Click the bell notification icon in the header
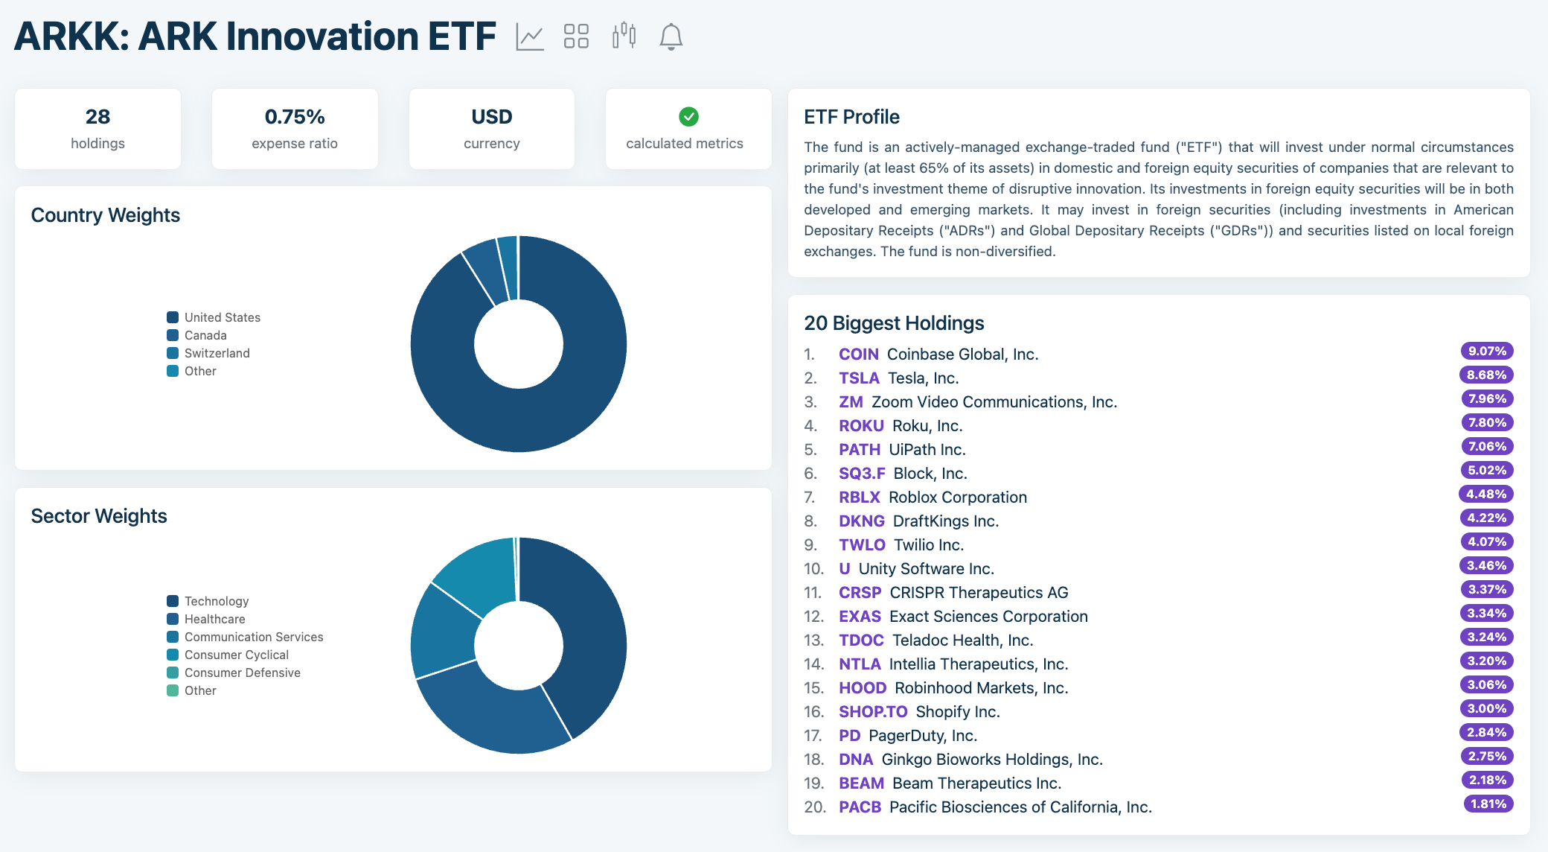pyautogui.click(x=671, y=36)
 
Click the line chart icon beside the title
pyautogui.click(x=530, y=36)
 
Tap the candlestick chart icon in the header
pyautogui.click(x=624, y=35)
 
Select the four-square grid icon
pyautogui.click(x=576, y=36)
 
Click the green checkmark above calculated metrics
pyautogui.click(x=688, y=116)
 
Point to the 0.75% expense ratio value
pyautogui.click(x=295, y=117)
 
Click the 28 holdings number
pyautogui.click(x=97, y=117)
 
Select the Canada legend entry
pyautogui.click(x=205, y=335)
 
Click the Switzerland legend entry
pyautogui.click(x=217, y=353)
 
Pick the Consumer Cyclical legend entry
pyautogui.click(x=236, y=655)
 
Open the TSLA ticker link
pyautogui.click(x=859, y=378)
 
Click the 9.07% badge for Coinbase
pyautogui.click(x=1486, y=352)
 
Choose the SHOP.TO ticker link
pyautogui.click(x=872, y=712)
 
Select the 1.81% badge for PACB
pyautogui.click(x=1488, y=804)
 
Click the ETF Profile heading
pyautogui.click(x=851, y=117)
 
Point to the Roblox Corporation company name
pyautogui.click(x=957, y=497)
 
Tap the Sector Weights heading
pyautogui.click(x=99, y=516)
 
